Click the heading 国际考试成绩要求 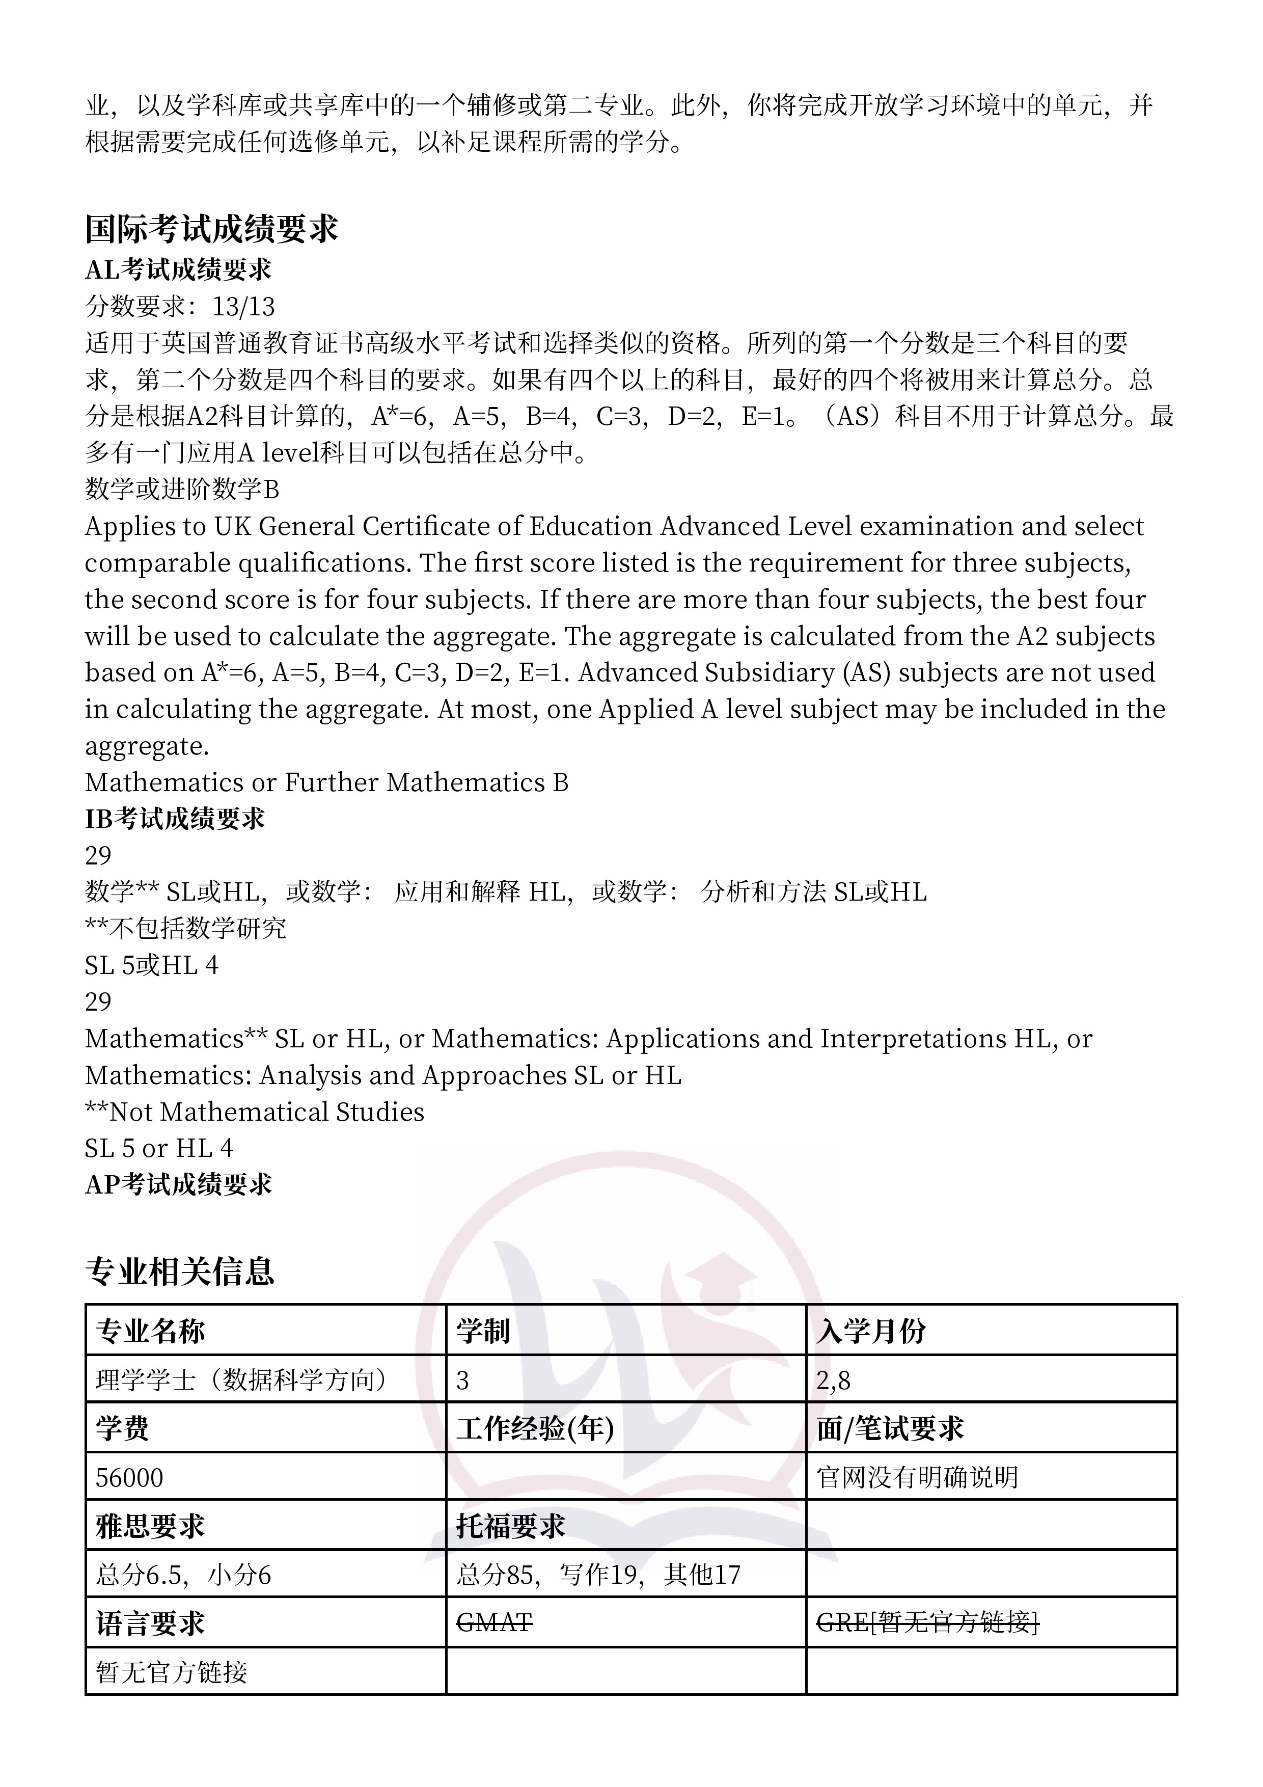tap(212, 229)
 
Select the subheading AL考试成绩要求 tap(178, 269)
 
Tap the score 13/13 tap(243, 307)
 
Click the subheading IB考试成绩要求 tap(175, 818)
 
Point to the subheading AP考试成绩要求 tap(178, 1184)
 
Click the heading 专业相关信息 tap(180, 1271)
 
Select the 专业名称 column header tap(150, 1331)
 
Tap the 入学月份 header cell tap(871, 1331)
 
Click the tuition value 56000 tap(129, 1477)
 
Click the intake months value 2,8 tap(834, 1380)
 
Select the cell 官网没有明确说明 tap(918, 1477)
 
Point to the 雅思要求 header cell tap(150, 1526)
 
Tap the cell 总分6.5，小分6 tap(184, 1575)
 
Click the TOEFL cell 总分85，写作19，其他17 tap(598, 1575)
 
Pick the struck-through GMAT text tap(494, 1623)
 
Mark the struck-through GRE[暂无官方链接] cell tap(927, 1623)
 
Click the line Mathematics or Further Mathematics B tap(326, 782)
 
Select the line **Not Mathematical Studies tap(255, 1112)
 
